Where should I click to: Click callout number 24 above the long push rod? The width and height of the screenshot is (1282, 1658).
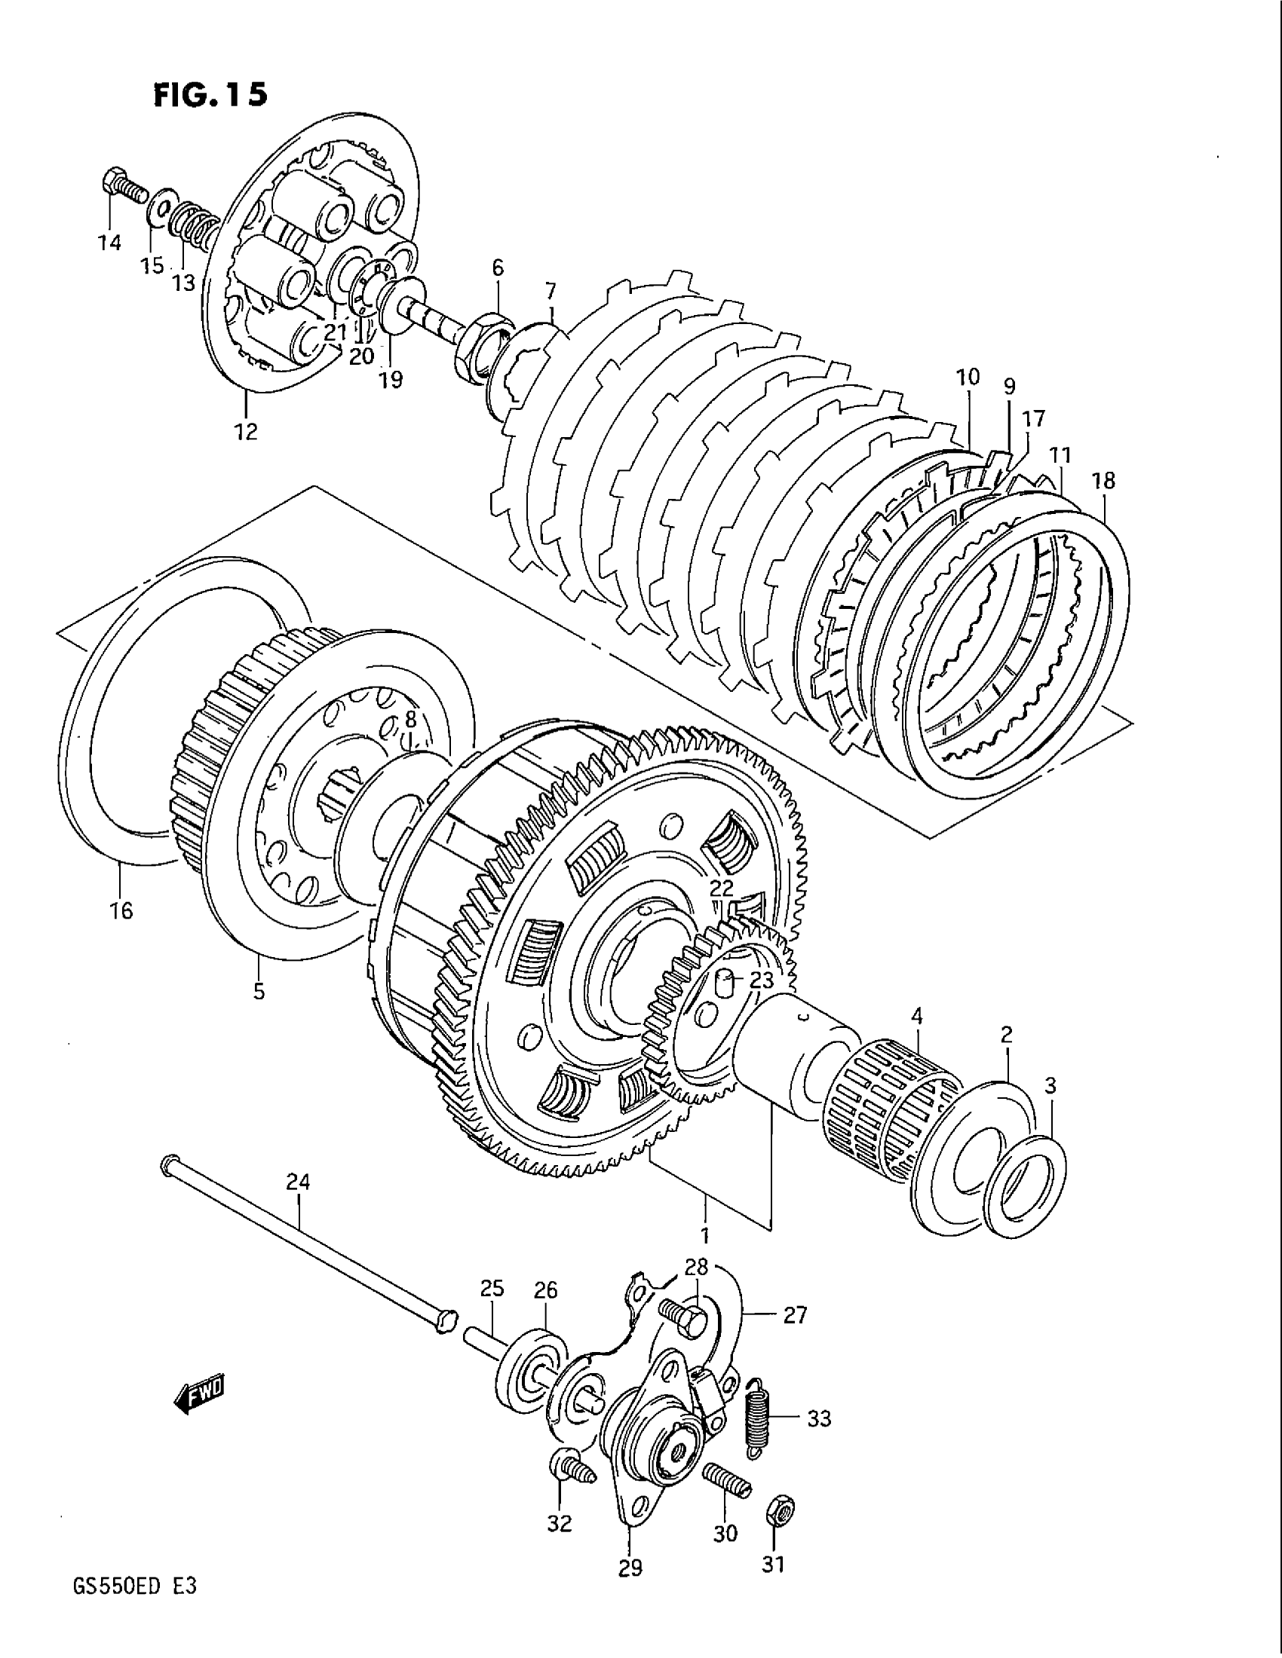(x=299, y=1181)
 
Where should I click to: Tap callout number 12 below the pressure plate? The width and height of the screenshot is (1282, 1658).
(x=246, y=431)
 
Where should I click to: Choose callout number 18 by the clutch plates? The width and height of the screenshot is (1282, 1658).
(x=1103, y=481)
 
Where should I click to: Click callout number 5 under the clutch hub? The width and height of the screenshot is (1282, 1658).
(x=259, y=991)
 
